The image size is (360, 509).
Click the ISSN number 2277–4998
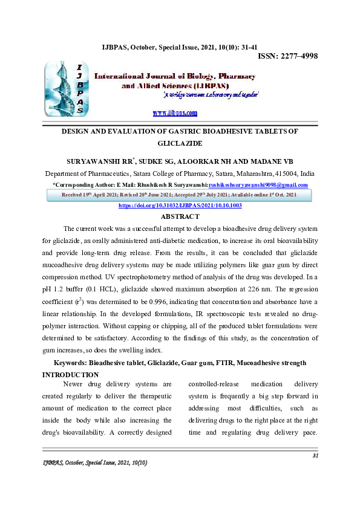point(288,56)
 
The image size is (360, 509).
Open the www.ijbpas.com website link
point(175,113)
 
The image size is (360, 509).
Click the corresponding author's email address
point(258,185)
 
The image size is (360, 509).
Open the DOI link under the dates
point(180,206)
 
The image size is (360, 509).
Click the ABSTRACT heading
point(180,216)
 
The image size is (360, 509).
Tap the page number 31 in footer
point(315,455)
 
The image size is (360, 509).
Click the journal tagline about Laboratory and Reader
point(211,96)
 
